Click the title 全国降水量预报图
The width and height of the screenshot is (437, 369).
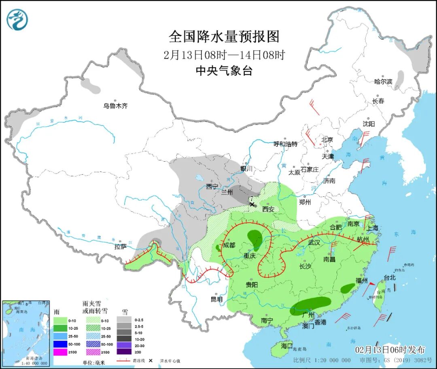click(x=224, y=37)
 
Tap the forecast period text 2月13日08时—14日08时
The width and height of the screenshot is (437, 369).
click(x=224, y=55)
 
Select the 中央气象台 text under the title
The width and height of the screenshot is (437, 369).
click(x=224, y=71)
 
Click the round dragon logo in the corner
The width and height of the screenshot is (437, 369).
click(x=17, y=19)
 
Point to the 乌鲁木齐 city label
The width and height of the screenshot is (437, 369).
click(x=115, y=106)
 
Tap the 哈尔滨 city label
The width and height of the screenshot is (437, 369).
click(x=383, y=82)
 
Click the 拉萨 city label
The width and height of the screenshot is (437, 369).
click(x=121, y=246)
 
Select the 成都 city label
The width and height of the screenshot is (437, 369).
click(x=229, y=245)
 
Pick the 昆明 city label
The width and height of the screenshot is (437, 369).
click(x=216, y=299)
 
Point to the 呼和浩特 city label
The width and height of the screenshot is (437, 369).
click(x=285, y=144)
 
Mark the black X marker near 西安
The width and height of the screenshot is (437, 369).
click(x=252, y=205)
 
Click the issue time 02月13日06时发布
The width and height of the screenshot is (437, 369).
click(x=390, y=350)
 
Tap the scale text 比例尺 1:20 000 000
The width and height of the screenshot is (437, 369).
click(x=322, y=360)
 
